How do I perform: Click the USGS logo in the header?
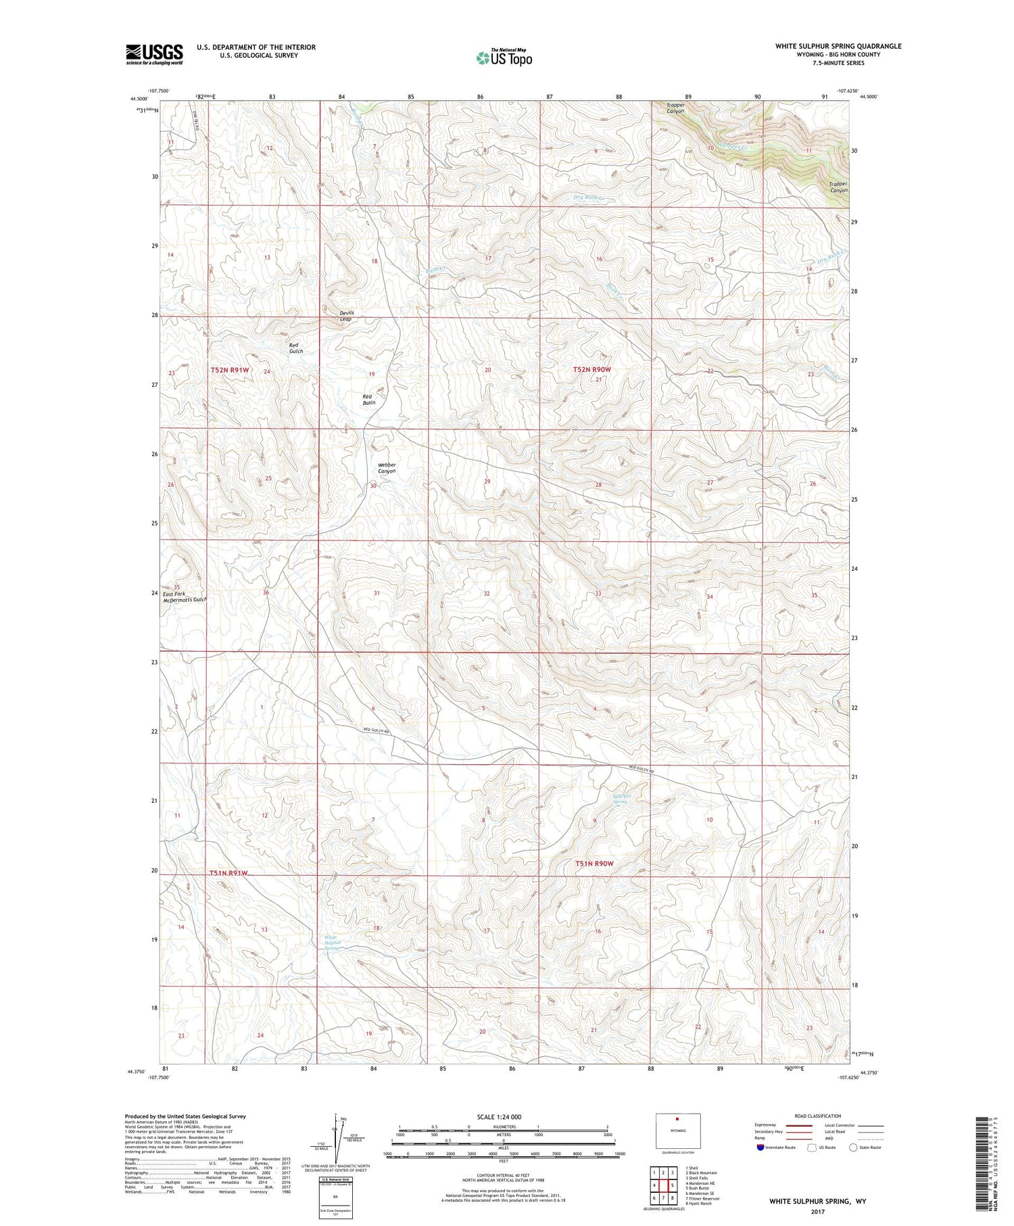pos(154,53)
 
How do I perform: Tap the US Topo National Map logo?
pos(504,57)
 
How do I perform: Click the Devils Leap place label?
pos(346,316)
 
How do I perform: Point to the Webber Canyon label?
pos(387,468)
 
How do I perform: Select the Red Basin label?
pos(368,400)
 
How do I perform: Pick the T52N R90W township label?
pos(591,369)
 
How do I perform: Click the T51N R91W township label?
pos(228,873)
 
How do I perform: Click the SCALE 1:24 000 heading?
pos(499,1116)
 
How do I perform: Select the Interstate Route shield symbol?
pos(761,1147)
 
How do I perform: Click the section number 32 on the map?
pos(486,593)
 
